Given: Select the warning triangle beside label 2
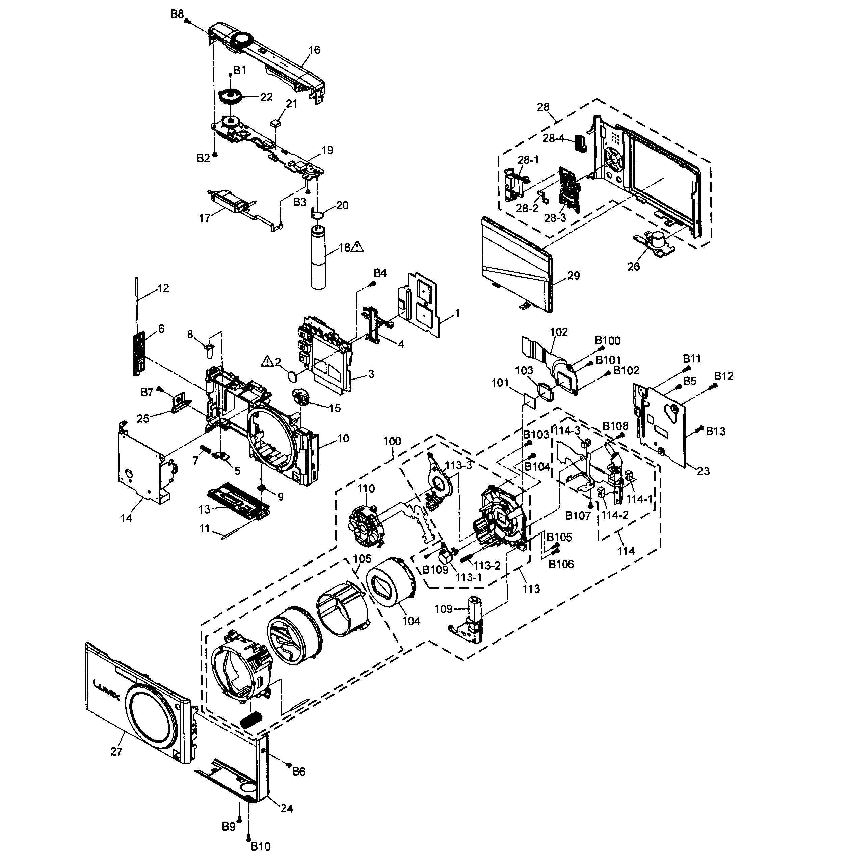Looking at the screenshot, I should [267, 361].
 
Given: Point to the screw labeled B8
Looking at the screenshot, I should [188, 21].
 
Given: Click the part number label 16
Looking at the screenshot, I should [314, 50].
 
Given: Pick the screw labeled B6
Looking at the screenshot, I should [288, 764].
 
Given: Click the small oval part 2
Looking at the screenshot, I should [292, 376].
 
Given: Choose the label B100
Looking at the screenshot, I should [608, 341].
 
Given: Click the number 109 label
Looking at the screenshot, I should [443, 609].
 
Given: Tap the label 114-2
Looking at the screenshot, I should [615, 515].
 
